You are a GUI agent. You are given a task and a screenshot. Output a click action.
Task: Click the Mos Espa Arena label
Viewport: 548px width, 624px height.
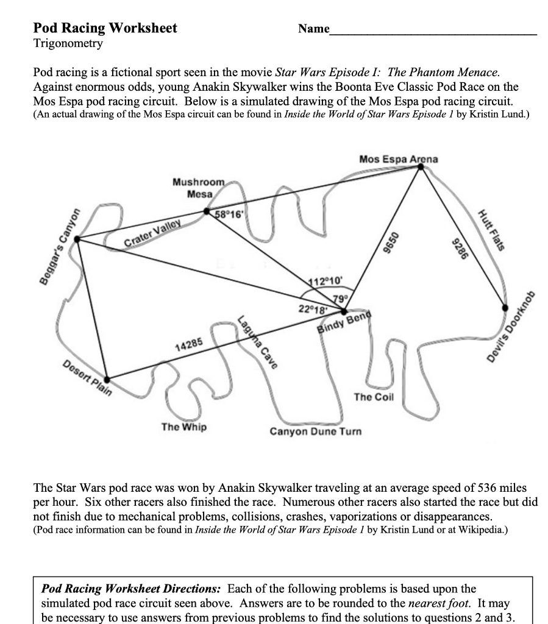coord(398,159)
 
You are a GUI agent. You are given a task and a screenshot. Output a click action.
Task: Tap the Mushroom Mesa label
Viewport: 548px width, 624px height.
coord(199,188)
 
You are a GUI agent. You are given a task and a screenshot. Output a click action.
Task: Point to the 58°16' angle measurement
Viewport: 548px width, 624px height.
coord(230,214)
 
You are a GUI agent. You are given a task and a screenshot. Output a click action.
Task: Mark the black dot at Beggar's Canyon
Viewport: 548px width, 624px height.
coord(77,239)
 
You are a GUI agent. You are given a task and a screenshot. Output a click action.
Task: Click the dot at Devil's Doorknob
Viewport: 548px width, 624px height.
coord(505,308)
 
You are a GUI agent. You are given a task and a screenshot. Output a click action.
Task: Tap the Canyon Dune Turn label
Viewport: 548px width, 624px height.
coord(316,431)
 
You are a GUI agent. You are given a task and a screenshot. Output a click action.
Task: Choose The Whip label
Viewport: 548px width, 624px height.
coord(183,427)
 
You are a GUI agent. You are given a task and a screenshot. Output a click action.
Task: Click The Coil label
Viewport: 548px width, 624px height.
coord(374,397)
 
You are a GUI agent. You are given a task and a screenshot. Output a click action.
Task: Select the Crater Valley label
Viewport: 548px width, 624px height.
coord(153,235)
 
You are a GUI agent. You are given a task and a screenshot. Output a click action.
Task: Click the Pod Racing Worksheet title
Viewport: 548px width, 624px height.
coord(105,28)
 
